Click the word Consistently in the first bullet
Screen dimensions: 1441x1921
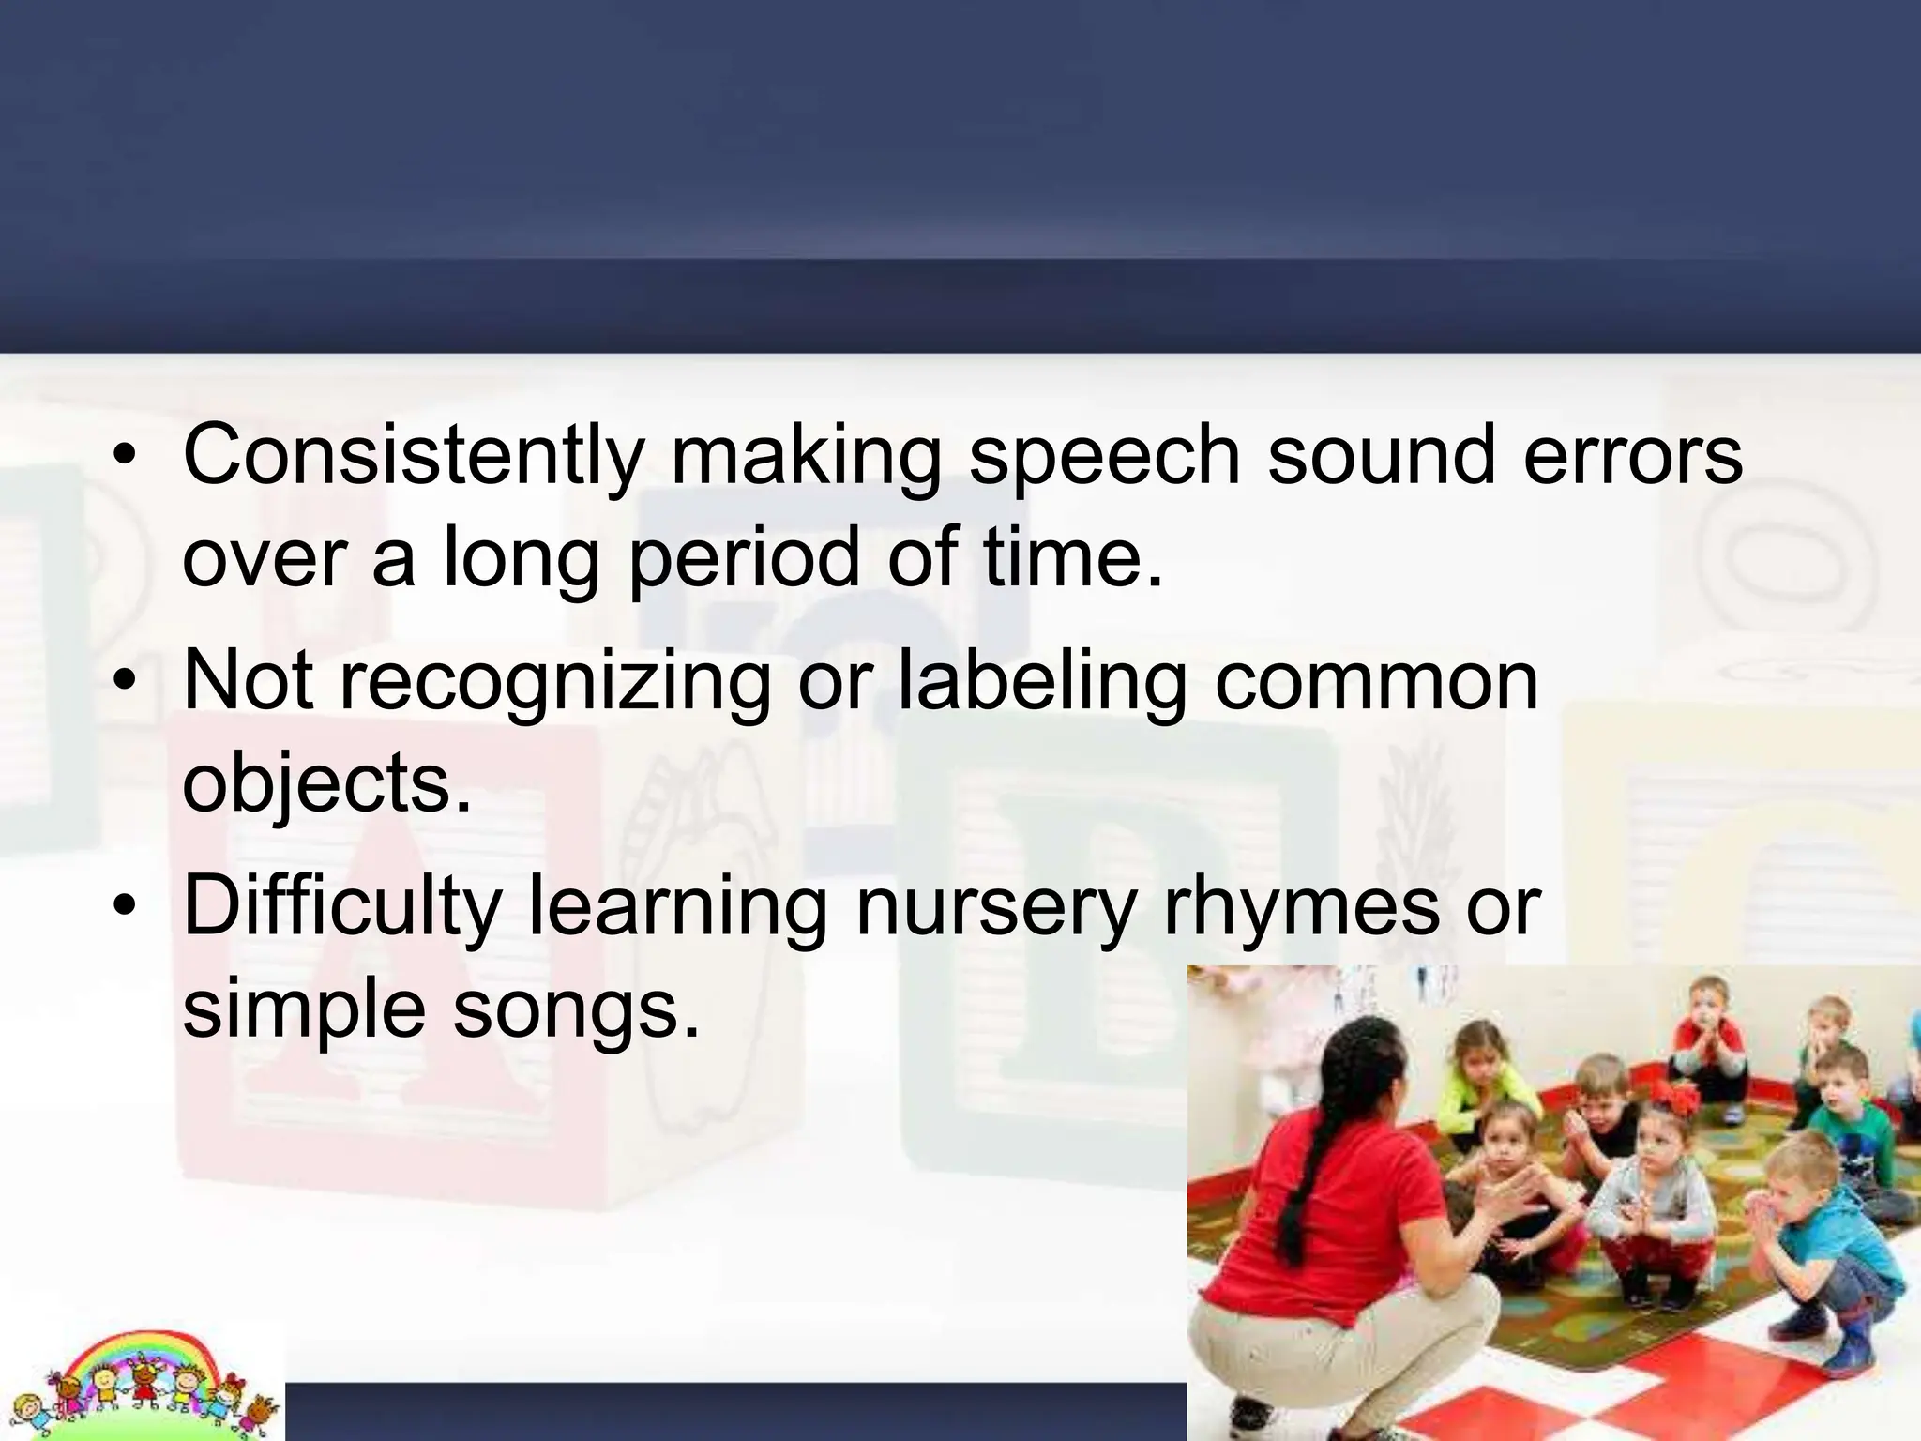pyautogui.click(x=413, y=457)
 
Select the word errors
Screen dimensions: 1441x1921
pyautogui.click(x=1632, y=457)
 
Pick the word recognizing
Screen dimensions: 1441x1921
pyautogui.click(x=554, y=683)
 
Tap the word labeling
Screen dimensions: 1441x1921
pyautogui.click(x=1042, y=683)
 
